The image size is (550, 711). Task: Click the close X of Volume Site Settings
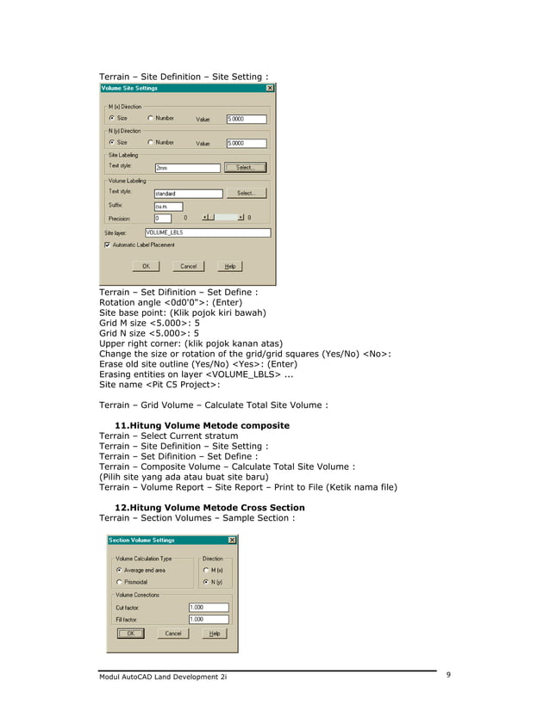pos(270,88)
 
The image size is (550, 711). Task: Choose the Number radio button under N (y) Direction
pos(150,143)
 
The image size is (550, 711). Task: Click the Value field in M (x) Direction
pos(246,119)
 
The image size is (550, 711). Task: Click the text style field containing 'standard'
pos(187,194)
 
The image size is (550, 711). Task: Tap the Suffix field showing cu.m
pos(167,207)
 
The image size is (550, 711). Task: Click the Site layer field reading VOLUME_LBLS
pos(207,232)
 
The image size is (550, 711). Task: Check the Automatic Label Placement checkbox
pos(107,244)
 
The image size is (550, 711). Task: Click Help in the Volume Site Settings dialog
pos(230,267)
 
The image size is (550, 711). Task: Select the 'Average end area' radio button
pos(119,570)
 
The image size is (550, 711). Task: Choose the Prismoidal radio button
pos(119,582)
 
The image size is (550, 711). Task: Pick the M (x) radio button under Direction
pos(205,570)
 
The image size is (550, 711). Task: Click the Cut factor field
pos(208,607)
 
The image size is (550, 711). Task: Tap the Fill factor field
pos(208,619)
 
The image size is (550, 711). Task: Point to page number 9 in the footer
pos(449,675)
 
